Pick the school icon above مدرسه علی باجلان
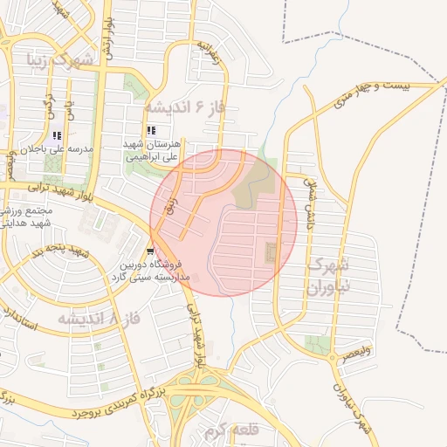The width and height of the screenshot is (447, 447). pos(57,136)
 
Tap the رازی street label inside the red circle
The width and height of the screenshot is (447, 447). pos(171,207)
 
